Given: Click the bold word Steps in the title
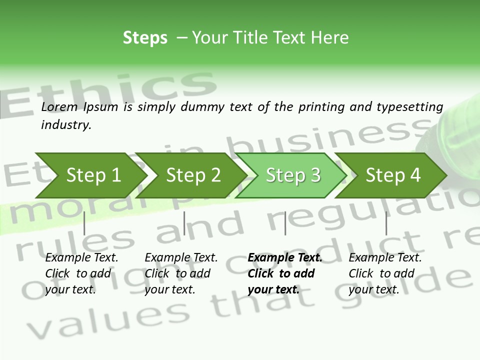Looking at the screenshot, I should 145,38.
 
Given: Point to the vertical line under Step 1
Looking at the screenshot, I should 84,223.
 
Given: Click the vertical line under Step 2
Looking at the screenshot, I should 184,223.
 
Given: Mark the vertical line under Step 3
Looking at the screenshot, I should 285,223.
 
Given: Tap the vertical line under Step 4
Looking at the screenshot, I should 386,223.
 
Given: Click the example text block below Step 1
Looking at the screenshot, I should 81,273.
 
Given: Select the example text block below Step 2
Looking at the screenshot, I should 181,273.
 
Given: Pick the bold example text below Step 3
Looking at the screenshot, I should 284,273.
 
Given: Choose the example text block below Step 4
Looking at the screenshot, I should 385,273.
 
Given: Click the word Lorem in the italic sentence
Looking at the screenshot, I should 59,106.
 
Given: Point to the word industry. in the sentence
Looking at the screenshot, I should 66,125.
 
